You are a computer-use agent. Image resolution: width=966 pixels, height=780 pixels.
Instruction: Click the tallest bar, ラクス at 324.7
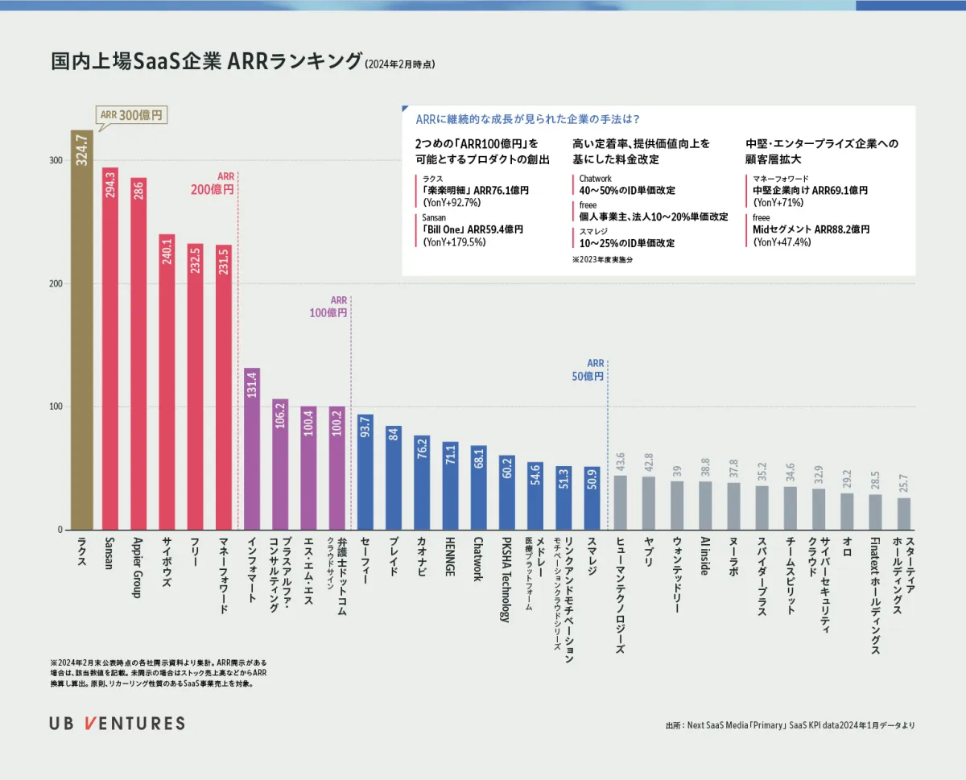81,330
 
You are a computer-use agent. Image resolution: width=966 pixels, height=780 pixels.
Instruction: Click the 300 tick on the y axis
56,160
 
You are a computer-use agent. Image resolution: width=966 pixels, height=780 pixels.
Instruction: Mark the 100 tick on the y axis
56,407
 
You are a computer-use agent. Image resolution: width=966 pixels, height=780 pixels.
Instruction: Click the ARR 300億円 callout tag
131,115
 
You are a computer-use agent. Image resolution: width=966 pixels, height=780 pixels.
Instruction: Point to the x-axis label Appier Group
138,568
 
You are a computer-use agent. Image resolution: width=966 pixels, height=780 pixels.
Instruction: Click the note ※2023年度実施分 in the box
602,259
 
